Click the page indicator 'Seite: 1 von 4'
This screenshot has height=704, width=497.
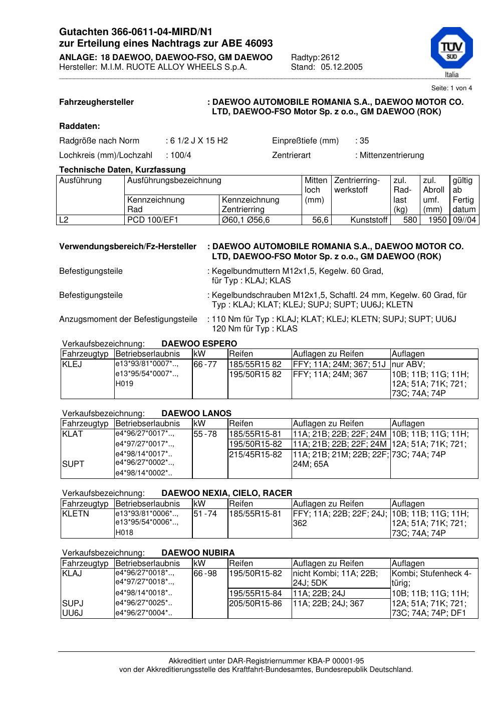click(x=451, y=88)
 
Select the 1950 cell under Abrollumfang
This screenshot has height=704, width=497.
click(x=437, y=220)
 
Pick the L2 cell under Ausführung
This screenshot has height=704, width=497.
click(x=64, y=220)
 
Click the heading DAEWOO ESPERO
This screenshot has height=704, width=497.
click(x=199, y=343)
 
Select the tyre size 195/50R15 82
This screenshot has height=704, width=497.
click(x=256, y=374)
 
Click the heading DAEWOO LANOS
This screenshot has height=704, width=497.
click(x=196, y=413)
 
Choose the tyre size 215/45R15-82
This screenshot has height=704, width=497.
click(x=256, y=454)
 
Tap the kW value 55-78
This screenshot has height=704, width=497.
click(x=205, y=434)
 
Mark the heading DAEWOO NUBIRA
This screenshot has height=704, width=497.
click(x=198, y=553)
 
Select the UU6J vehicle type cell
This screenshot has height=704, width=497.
click(x=73, y=613)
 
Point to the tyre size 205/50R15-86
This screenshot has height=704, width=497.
click(x=256, y=603)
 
